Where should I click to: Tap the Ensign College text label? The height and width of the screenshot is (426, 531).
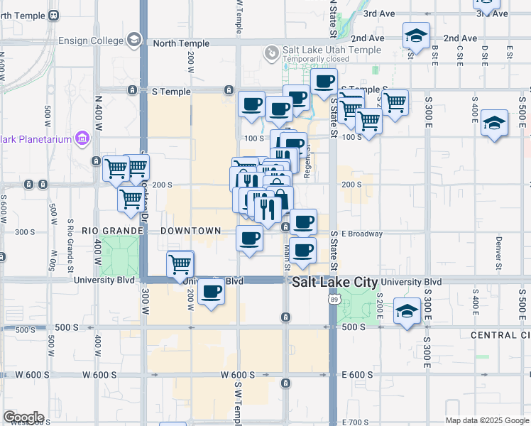pos(91,40)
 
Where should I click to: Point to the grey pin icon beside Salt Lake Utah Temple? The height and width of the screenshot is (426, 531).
pos(270,53)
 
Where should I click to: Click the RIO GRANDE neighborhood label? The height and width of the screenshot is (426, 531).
pos(113,231)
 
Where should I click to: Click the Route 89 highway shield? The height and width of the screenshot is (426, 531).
pos(334,300)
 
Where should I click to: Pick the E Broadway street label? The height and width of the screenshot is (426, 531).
pos(362,234)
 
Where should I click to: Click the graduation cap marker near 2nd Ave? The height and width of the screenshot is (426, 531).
pos(416,35)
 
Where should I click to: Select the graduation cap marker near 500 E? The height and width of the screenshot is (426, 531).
pos(493,124)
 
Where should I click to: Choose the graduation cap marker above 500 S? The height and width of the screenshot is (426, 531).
pos(407,311)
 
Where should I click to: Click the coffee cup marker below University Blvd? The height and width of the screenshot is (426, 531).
pos(210,291)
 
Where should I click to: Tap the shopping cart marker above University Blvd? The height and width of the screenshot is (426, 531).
pos(180,264)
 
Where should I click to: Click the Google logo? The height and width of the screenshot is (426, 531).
pos(23,417)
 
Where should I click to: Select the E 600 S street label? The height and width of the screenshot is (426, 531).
pos(357,375)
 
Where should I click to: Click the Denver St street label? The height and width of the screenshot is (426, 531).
pos(498,249)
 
